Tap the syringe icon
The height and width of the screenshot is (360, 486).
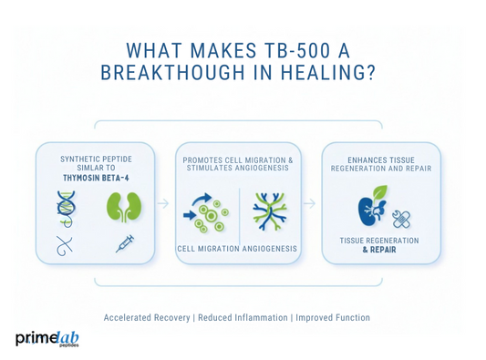(x=125, y=243)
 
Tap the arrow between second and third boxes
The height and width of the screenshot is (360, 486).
(x=310, y=203)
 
